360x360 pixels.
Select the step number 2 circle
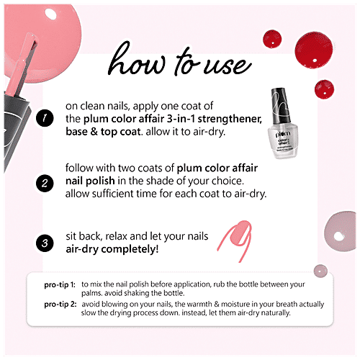click(45, 182)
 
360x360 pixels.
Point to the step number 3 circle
click(45, 244)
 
